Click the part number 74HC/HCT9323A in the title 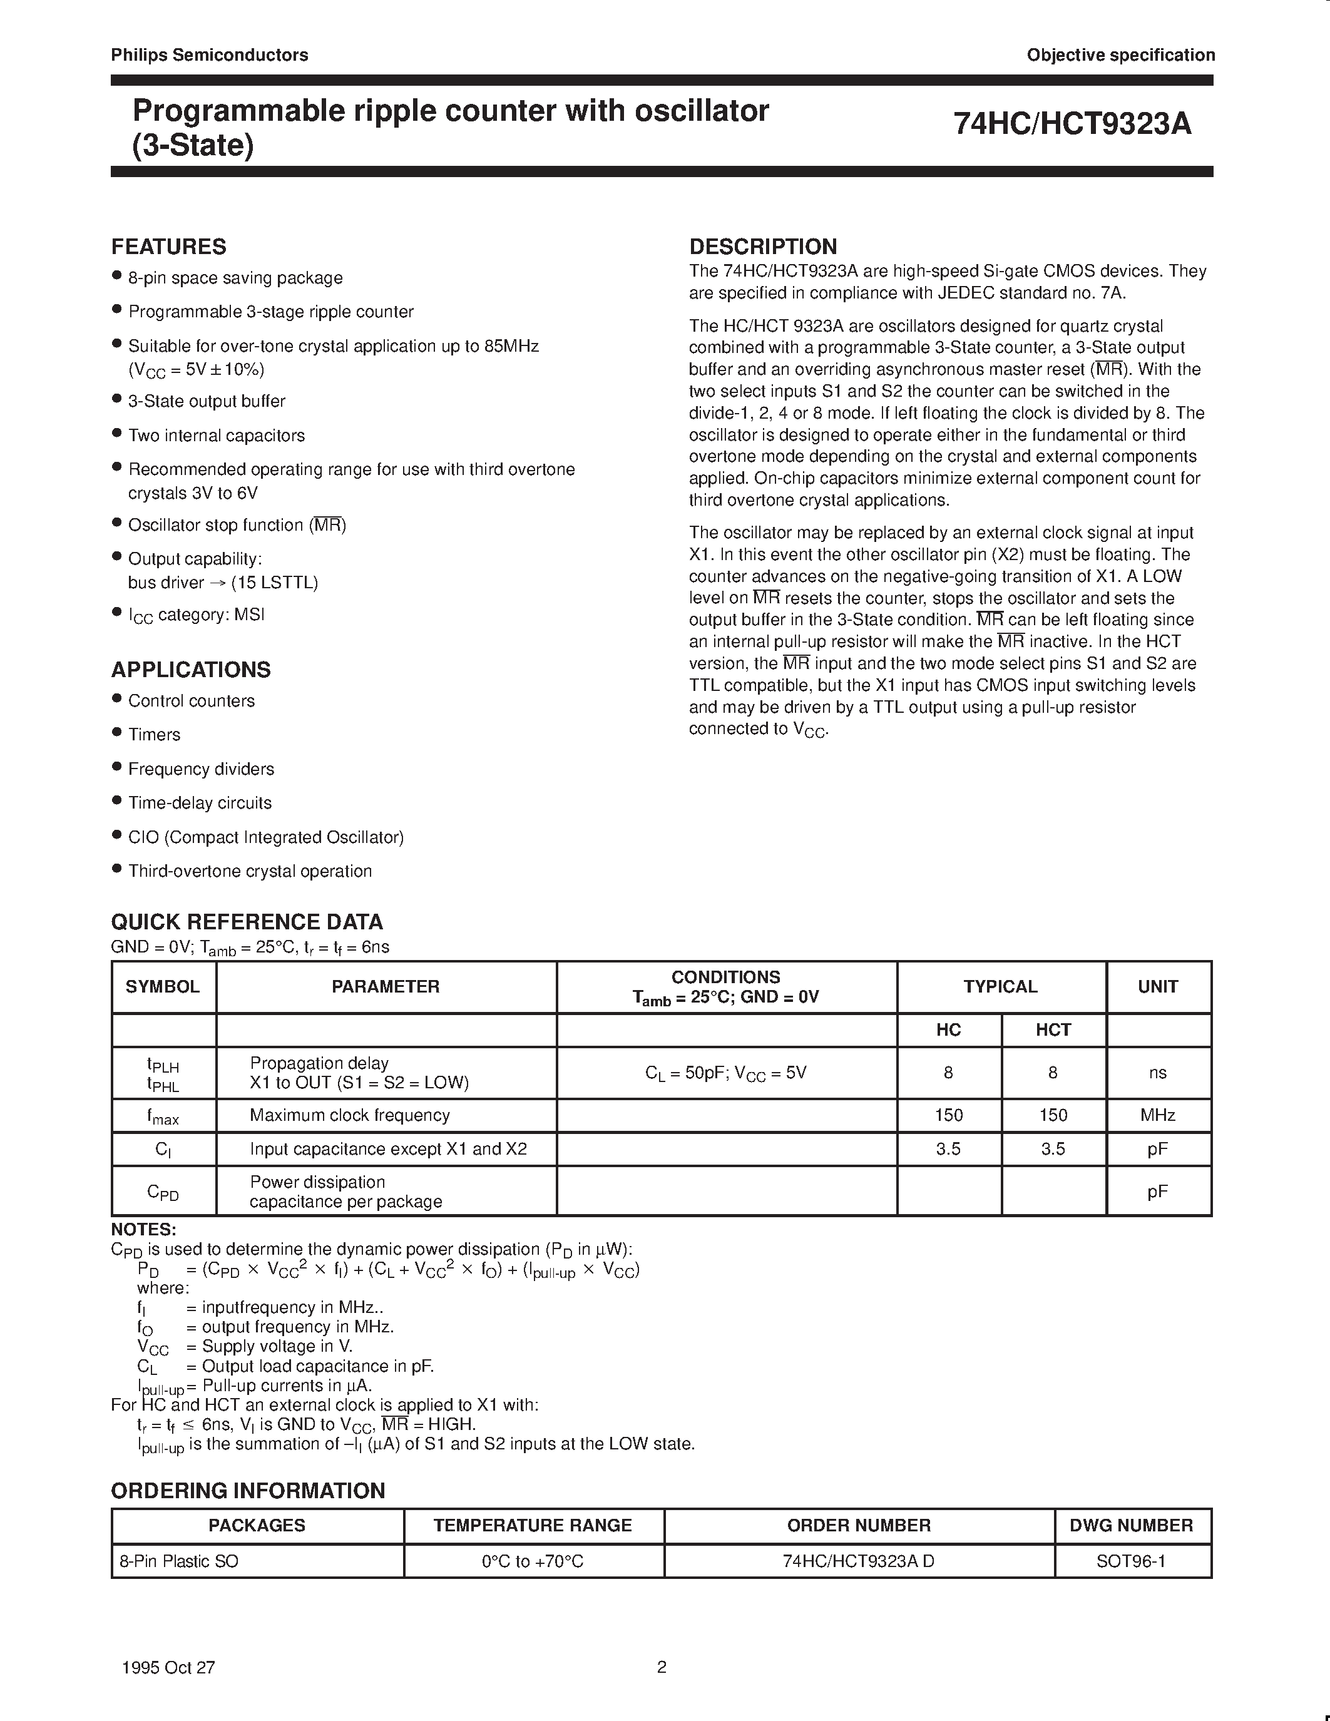1072,125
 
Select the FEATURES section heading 168,247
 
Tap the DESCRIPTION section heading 763,247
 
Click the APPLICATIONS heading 191,670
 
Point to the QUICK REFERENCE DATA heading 247,922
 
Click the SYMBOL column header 163,986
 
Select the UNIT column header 1157,986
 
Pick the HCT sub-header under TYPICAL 1053,1030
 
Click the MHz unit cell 1157,1115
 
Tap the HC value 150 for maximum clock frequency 949,1115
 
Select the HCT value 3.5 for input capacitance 1053,1149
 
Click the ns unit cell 1157,1073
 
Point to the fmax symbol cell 163,1116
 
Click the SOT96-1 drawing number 1131,1561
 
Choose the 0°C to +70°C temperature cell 533,1561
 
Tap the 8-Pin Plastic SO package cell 179,1561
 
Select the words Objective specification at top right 1120,55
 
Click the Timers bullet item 155,735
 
